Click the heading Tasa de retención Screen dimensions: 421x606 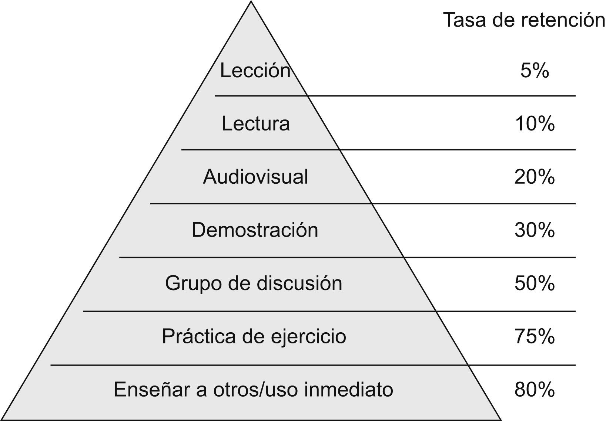(x=524, y=20)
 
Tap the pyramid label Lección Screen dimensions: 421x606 (x=255, y=70)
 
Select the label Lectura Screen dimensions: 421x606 (x=255, y=123)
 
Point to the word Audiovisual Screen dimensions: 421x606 (x=255, y=177)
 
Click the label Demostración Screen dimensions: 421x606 (x=255, y=230)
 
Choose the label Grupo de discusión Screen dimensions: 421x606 (x=254, y=284)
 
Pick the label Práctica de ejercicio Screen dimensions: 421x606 (x=254, y=336)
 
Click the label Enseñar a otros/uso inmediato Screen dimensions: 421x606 (x=253, y=390)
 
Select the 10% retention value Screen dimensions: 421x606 (x=535, y=123)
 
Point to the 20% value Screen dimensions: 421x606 (x=535, y=177)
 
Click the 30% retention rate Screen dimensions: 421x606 (x=535, y=230)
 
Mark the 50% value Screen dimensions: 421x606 (x=535, y=284)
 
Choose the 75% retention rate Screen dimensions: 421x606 (x=535, y=336)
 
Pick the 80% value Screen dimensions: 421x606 (x=535, y=390)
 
